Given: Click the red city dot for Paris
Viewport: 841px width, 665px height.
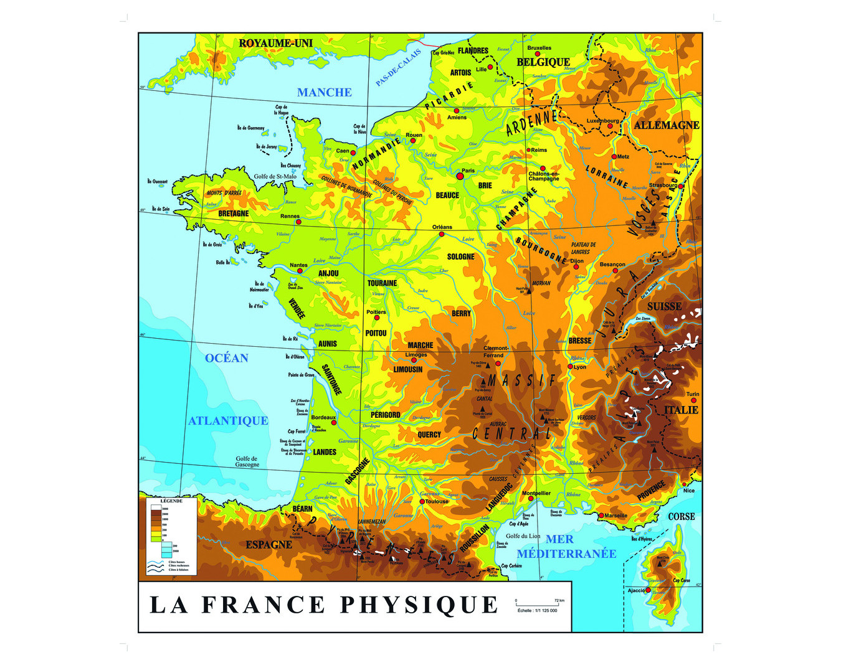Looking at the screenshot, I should click(x=460, y=176).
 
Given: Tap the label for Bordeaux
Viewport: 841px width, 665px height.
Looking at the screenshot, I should click(x=323, y=417).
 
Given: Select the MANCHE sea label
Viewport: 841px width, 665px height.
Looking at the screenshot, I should click(x=324, y=93).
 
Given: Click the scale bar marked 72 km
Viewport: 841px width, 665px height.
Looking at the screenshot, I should click(x=536, y=605).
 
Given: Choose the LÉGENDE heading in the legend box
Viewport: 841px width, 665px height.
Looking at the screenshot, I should click(x=171, y=501).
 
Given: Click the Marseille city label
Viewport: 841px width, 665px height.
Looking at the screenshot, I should click(x=616, y=516).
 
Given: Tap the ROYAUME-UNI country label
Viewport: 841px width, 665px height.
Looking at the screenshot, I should click(x=275, y=43).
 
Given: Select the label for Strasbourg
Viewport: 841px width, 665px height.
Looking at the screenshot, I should click(x=663, y=185).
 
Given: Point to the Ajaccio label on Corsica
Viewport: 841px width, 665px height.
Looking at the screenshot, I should click(x=637, y=590).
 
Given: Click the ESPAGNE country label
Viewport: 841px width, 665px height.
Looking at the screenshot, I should click(x=268, y=545).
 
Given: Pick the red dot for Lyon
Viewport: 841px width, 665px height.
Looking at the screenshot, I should click(x=570, y=367).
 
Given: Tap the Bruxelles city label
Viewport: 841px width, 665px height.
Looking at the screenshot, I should click(x=539, y=48).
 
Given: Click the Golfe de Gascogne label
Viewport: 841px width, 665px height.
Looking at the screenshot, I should click(x=247, y=461).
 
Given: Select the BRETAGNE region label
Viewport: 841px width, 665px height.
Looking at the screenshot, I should click(x=234, y=214).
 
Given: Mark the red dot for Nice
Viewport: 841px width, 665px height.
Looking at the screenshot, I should click(x=685, y=484).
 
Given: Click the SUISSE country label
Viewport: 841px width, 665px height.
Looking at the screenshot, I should click(x=664, y=306).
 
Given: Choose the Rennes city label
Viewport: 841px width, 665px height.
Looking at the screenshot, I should click(x=290, y=216).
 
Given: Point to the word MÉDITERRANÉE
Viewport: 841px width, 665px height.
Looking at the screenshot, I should click(x=566, y=554).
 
